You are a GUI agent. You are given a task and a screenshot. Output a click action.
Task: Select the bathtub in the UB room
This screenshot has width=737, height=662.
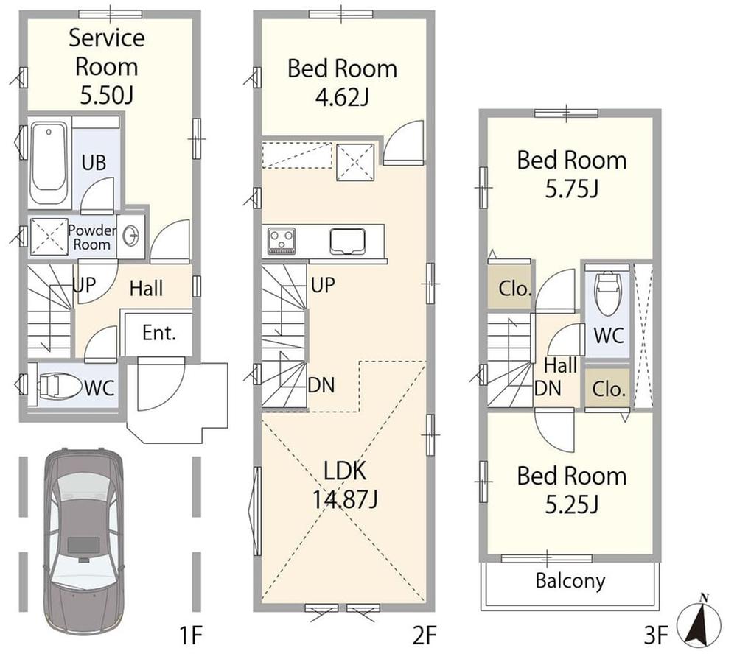tap(49, 163)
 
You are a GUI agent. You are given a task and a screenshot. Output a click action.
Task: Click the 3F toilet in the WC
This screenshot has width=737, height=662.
tap(607, 293)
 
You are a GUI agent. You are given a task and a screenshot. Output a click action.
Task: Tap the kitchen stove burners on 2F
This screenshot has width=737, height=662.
tap(281, 241)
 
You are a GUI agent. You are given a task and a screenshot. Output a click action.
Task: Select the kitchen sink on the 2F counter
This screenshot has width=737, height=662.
tap(347, 241)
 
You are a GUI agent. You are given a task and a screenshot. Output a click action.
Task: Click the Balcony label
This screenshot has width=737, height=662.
tap(570, 581)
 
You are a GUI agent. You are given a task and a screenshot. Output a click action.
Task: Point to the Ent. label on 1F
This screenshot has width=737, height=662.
tap(159, 333)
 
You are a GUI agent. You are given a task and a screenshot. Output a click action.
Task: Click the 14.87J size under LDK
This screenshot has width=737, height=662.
tap(344, 499)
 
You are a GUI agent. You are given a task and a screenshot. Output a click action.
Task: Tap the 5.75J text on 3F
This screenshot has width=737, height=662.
tap(572, 189)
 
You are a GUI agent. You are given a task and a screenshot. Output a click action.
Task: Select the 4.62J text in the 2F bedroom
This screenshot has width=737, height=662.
tap(342, 97)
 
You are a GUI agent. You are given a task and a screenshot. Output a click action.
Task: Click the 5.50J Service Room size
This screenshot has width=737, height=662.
tap(107, 95)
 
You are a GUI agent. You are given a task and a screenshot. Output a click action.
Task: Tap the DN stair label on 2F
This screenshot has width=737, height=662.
tap(321, 385)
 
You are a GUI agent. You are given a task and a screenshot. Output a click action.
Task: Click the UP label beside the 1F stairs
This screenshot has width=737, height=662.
tap(84, 284)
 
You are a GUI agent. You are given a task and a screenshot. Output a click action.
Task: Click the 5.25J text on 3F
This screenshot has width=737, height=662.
tap(572, 505)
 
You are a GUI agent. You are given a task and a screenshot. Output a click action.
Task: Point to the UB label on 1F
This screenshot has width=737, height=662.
tap(94, 163)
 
